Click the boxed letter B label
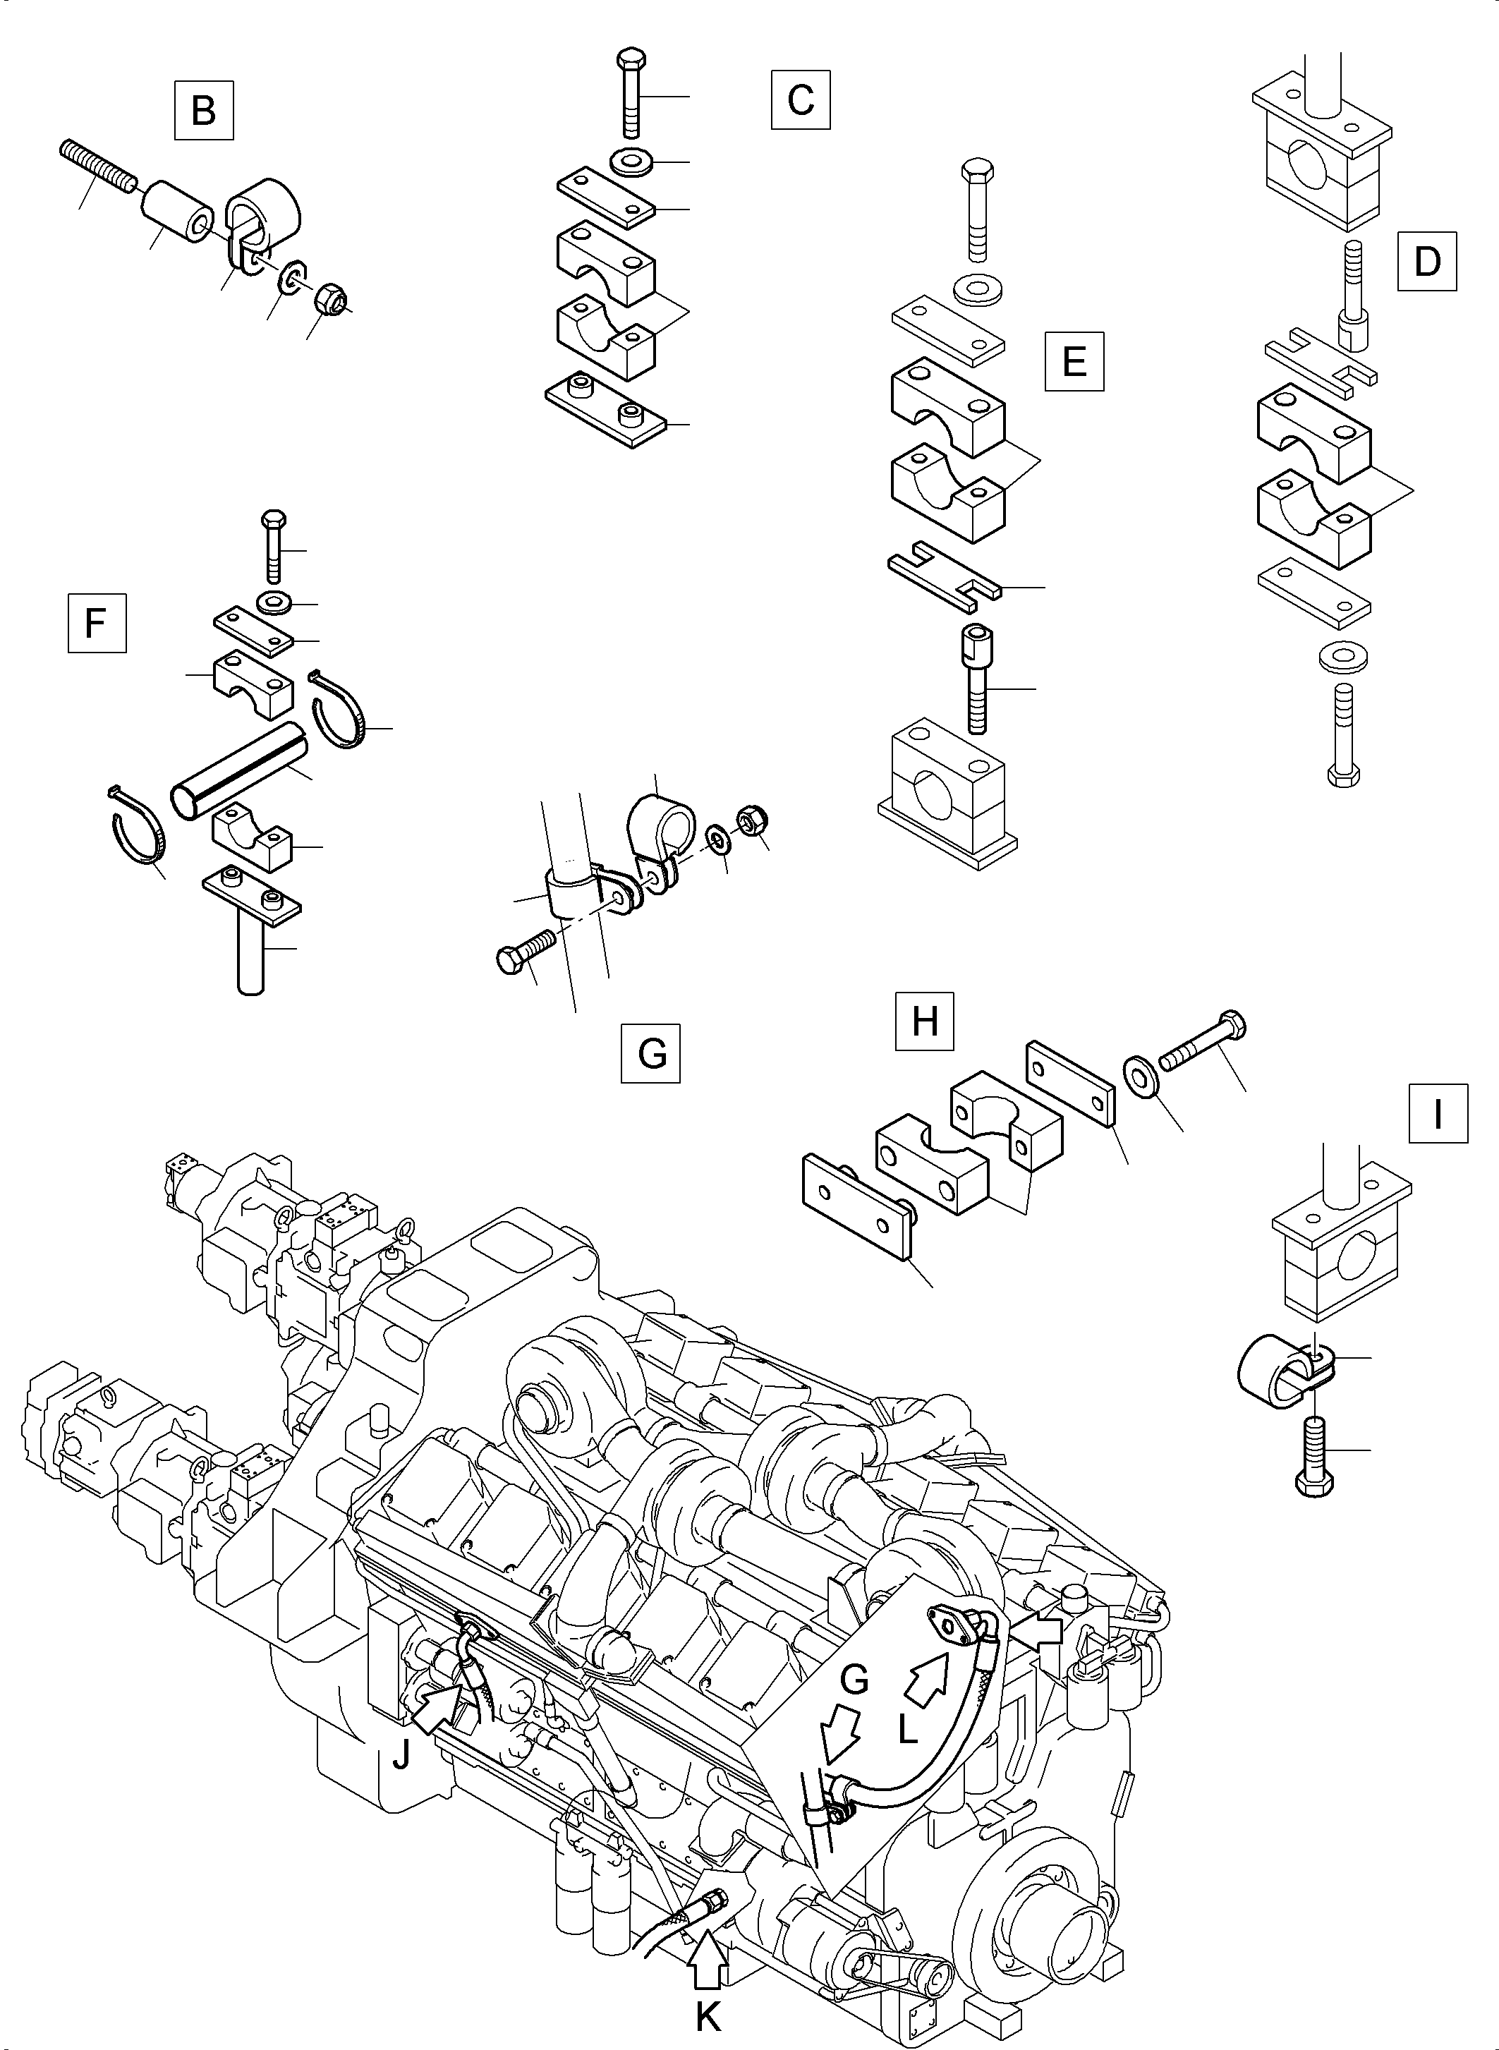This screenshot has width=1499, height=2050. [x=203, y=111]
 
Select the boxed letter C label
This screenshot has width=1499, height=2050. [x=801, y=100]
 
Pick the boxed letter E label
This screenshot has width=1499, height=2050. [x=1074, y=362]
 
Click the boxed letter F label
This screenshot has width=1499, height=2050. [x=96, y=624]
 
